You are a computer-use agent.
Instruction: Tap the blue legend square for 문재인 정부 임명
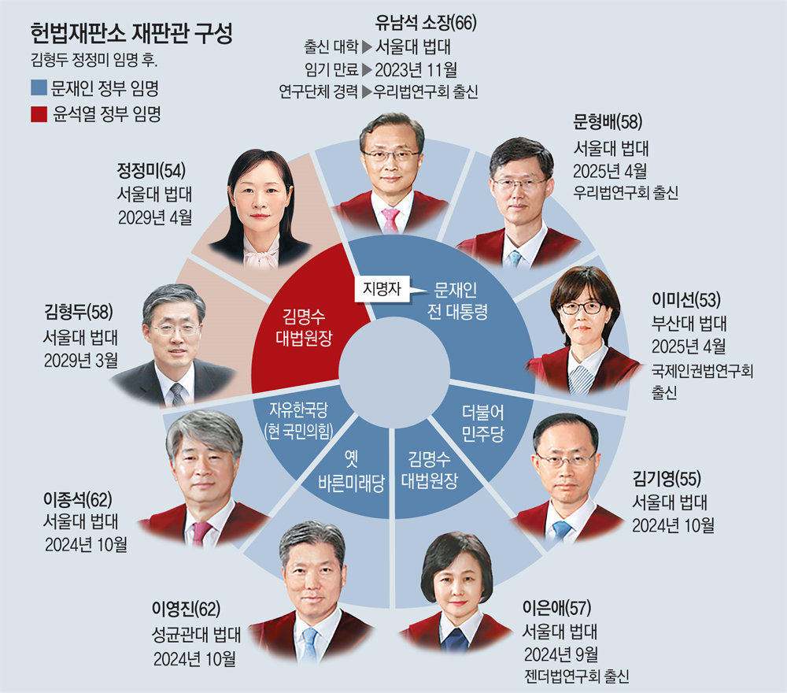tap(38, 87)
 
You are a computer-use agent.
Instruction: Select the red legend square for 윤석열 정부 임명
tap(38, 115)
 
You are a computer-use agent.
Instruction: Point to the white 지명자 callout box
tap(382, 288)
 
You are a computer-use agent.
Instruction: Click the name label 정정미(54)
tap(150, 169)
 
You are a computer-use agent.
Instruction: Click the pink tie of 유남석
tap(390, 219)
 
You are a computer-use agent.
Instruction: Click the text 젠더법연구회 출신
tap(578, 675)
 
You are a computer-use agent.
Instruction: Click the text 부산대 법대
tap(689, 323)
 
